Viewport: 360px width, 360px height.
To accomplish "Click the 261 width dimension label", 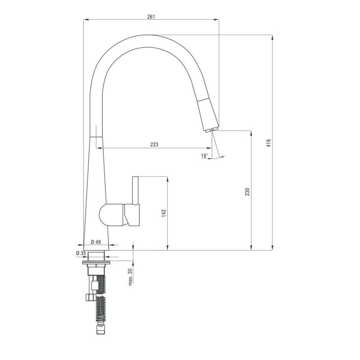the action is point(151,17).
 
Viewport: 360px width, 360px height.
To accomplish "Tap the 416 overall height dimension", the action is point(269,143).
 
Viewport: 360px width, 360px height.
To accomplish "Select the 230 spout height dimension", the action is point(247,192).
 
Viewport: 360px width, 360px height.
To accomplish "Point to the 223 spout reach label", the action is point(154,144).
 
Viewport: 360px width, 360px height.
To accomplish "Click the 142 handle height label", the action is point(164,213).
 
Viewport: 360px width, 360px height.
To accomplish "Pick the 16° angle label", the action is point(204,156).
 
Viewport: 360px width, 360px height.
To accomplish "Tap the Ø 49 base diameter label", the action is point(96,242).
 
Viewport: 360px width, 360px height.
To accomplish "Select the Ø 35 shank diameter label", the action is point(81,253).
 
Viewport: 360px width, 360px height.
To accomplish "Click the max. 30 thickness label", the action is point(130,276).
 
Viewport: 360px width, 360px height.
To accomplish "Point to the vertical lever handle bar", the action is point(135,190).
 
